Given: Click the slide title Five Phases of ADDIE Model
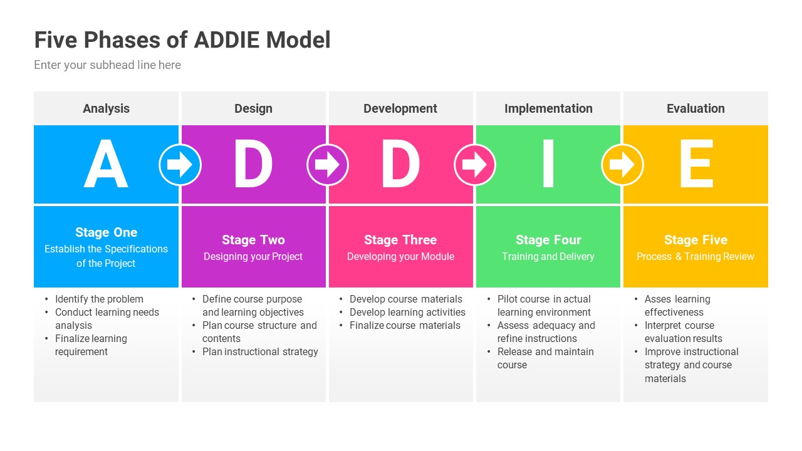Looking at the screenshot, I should pyautogui.click(x=182, y=40).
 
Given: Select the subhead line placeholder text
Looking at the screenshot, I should pyautogui.click(x=107, y=65).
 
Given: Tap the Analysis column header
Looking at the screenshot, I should pyautogui.click(x=106, y=108).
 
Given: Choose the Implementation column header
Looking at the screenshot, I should pyautogui.click(x=548, y=108).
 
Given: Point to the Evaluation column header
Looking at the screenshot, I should pyautogui.click(x=695, y=108).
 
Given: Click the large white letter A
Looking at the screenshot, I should pyautogui.click(x=106, y=165).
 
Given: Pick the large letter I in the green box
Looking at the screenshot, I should pyautogui.click(x=548, y=165).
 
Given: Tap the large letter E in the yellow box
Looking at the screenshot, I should pyautogui.click(x=695, y=165).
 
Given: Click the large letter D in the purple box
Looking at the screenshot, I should pyautogui.click(x=253, y=165).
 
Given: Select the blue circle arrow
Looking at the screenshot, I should pyautogui.click(x=180, y=165).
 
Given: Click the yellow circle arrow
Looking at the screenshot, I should pyautogui.click(x=622, y=165).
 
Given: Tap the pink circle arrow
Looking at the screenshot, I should pyautogui.click(x=475, y=165).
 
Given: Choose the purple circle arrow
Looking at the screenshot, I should pyautogui.click(x=328, y=165).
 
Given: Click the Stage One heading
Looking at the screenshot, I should pyautogui.click(x=106, y=232).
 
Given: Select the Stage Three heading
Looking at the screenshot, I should pyautogui.click(x=400, y=240).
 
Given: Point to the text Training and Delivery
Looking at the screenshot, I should pyautogui.click(x=548, y=256).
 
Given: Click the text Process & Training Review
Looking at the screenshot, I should pyautogui.click(x=695, y=256).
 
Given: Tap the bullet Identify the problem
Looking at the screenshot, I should pyautogui.click(x=99, y=299).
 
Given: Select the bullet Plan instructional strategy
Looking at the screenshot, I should pyautogui.click(x=260, y=352).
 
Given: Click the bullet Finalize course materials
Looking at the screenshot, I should pyautogui.click(x=405, y=326).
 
